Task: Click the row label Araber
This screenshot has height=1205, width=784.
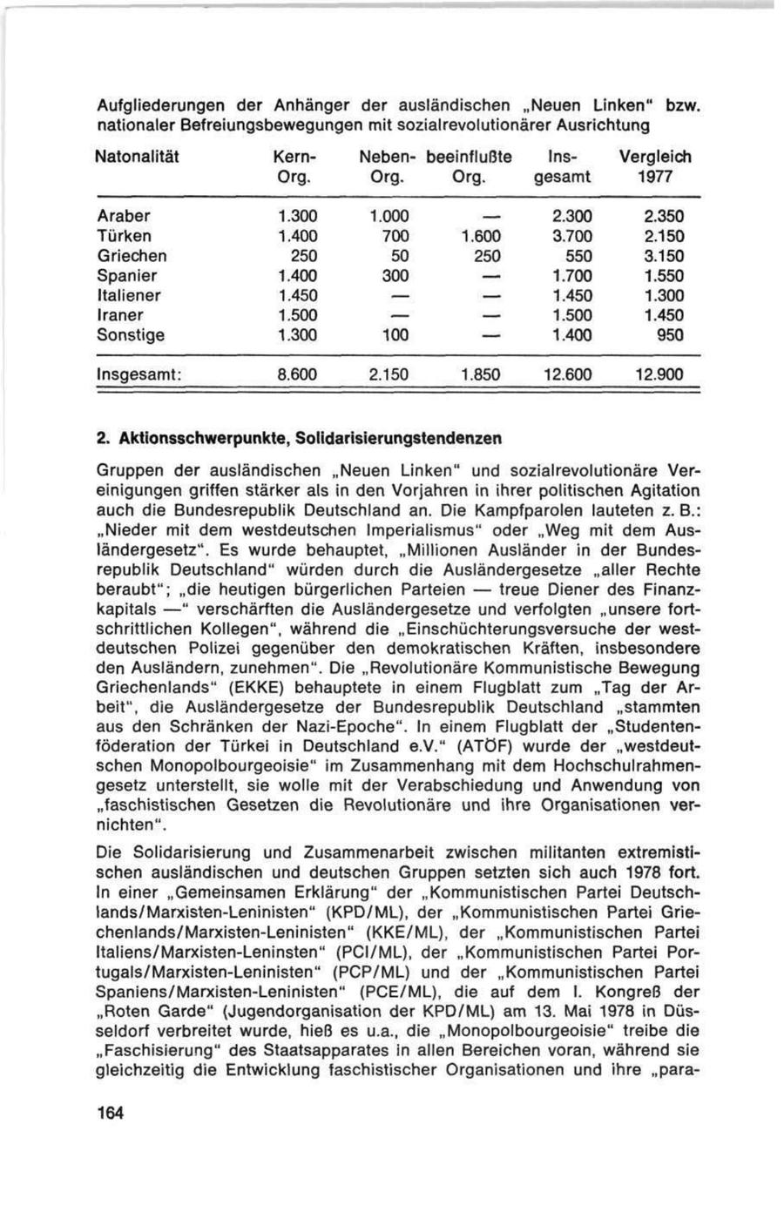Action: click(124, 216)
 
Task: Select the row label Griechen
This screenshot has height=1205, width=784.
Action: click(132, 256)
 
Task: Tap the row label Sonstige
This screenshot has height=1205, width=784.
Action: click(131, 335)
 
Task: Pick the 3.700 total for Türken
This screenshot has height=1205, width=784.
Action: click(567, 236)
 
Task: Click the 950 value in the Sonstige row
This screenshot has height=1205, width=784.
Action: click(669, 335)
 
